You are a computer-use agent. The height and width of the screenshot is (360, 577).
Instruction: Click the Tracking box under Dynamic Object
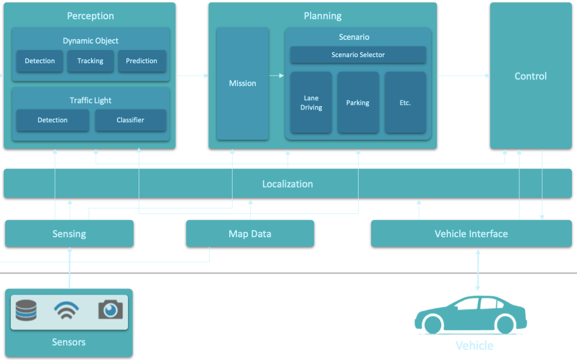tap(90, 61)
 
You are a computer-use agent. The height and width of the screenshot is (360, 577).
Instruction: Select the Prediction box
tap(142, 61)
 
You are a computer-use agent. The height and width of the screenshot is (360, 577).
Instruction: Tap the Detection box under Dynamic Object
tap(40, 61)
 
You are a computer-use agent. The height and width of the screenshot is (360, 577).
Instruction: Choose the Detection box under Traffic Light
tap(52, 120)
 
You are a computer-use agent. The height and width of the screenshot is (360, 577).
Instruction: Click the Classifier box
tap(130, 120)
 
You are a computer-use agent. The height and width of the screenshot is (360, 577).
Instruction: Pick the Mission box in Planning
tap(242, 83)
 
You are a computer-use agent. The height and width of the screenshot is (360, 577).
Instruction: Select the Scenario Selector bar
tap(358, 55)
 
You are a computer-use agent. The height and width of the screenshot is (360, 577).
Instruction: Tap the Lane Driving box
tap(311, 103)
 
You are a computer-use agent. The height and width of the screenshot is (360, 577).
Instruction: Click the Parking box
tap(358, 103)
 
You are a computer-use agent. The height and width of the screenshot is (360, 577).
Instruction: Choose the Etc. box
tap(405, 103)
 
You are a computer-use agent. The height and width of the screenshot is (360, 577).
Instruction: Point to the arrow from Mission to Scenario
tap(277, 75)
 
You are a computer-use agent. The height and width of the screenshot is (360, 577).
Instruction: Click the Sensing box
tap(69, 234)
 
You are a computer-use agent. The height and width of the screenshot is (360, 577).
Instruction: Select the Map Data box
tap(250, 234)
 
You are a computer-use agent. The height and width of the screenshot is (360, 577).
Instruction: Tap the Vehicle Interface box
tap(471, 234)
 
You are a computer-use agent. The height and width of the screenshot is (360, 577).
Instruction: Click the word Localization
tap(287, 184)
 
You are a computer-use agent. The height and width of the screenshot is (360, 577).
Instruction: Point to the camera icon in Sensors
tap(111, 310)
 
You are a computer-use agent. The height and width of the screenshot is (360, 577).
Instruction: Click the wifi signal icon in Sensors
tap(66, 310)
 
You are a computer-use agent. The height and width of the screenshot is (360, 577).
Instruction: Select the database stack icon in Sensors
tap(26, 310)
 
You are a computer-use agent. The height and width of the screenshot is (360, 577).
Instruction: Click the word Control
tap(531, 76)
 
